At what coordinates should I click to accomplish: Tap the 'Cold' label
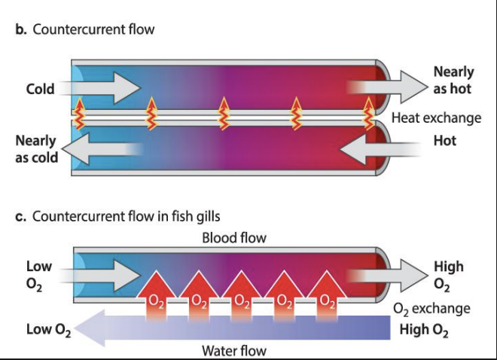(x=40, y=89)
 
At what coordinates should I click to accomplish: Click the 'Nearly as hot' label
(x=453, y=80)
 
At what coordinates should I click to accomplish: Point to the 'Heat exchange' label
(x=435, y=118)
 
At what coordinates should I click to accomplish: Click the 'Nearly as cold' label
(x=35, y=148)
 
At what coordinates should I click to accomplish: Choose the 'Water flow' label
(x=234, y=350)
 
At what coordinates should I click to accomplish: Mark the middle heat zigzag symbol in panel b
(x=223, y=114)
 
